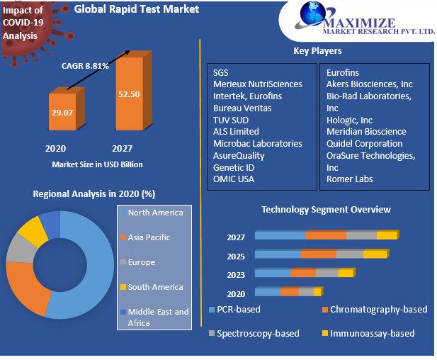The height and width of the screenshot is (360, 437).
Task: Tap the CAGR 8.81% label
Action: tap(84, 66)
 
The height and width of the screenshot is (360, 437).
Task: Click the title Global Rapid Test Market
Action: tap(137, 9)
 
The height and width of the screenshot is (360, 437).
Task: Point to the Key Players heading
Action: tap(317, 50)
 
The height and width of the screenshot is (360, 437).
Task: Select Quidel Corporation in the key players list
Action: tap(364, 143)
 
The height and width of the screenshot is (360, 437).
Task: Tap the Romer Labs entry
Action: tap(349, 179)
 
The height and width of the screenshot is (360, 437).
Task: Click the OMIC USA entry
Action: tap(234, 179)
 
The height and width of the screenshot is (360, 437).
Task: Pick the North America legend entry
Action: tap(155, 213)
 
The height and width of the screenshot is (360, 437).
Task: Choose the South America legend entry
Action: tap(155, 287)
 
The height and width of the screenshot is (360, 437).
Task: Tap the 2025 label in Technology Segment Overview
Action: tap(236, 256)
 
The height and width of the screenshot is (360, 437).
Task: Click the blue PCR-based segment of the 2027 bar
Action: tap(280, 235)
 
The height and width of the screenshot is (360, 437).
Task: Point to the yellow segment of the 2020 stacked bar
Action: tap(317, 291)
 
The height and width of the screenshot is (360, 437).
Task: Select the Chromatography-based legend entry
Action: tap(378, 310)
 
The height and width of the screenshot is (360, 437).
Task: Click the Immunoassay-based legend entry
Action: tap(372, 333)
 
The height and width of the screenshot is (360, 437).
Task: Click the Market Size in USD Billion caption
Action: tap(97, 164)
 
